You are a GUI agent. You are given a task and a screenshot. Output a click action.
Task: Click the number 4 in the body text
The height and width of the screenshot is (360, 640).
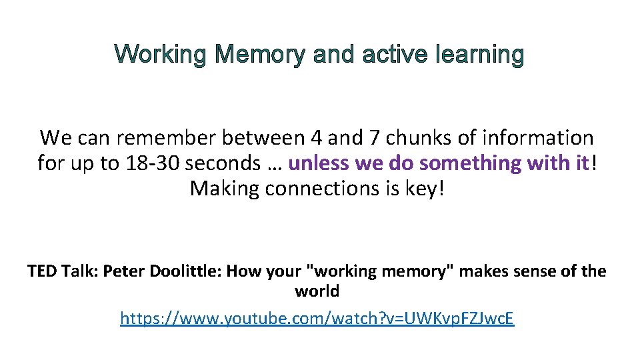(317, 138)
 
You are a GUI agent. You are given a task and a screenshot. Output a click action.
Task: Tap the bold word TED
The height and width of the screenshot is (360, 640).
(43, 271)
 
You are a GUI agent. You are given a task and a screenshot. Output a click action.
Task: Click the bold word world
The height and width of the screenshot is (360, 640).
(317, 291)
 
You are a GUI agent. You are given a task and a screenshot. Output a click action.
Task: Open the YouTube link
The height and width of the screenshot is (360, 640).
(317, 318)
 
